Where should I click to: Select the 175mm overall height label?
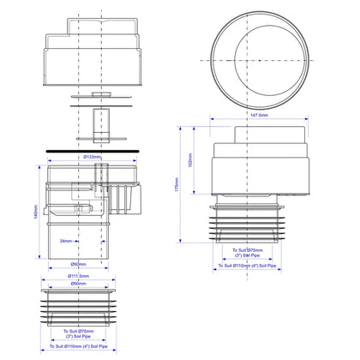tap(177, 183)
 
